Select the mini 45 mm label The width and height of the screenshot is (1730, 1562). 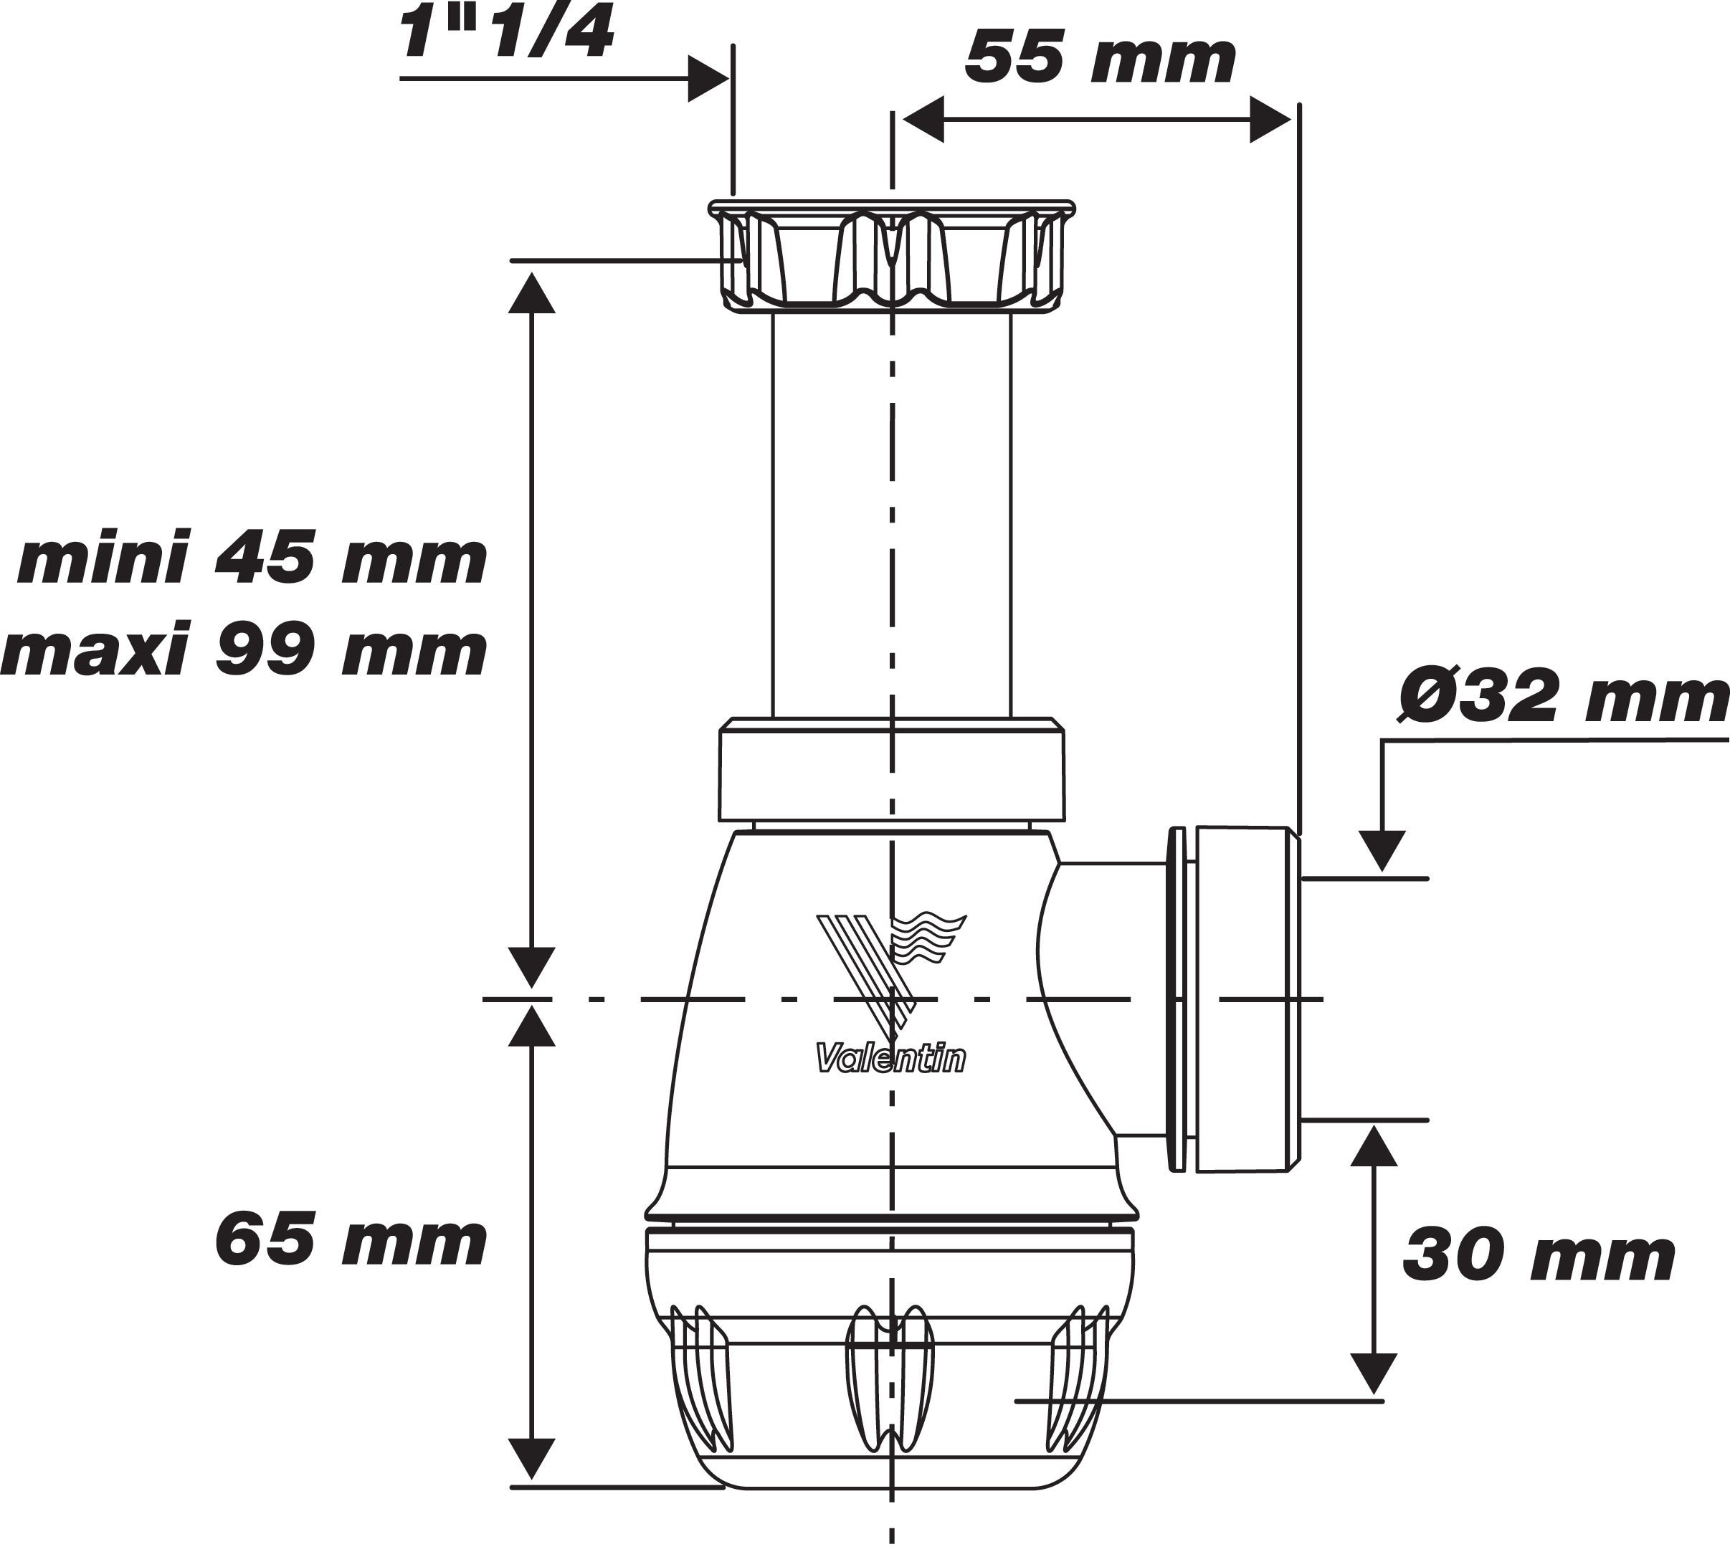[x=252, y=561]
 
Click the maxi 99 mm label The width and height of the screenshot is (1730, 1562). [x=244, y=652]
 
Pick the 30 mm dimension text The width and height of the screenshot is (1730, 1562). [x=1539, y=1257]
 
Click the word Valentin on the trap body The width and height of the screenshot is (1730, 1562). [x=890, y=1059]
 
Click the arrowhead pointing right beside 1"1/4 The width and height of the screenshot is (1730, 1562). [x=709, y=80]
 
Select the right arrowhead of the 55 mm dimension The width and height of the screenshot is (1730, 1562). [x=1270, y=119]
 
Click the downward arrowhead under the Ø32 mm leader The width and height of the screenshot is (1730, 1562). [x=1382, y=850]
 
